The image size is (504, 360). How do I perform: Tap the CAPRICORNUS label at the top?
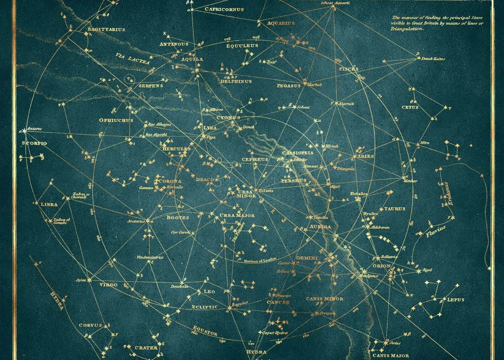pyautogui.click(x=224, y=9)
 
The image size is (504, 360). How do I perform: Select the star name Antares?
pyautogui.click(x=34, y=128)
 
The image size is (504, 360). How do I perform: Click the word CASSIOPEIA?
pyautogui.click(x=298, y=153)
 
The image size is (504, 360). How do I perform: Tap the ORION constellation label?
pyautogui.click(x=381, y=266)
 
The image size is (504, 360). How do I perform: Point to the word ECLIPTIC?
pyautogui.click(x=205, y=307)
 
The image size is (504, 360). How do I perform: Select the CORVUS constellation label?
pyautogui.click(x=90, y=325)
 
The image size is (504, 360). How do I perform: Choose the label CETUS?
pyautogui.click(x=410, y=108)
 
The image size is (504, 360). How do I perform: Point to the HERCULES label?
pyautogui.click(x=176, y=149)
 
